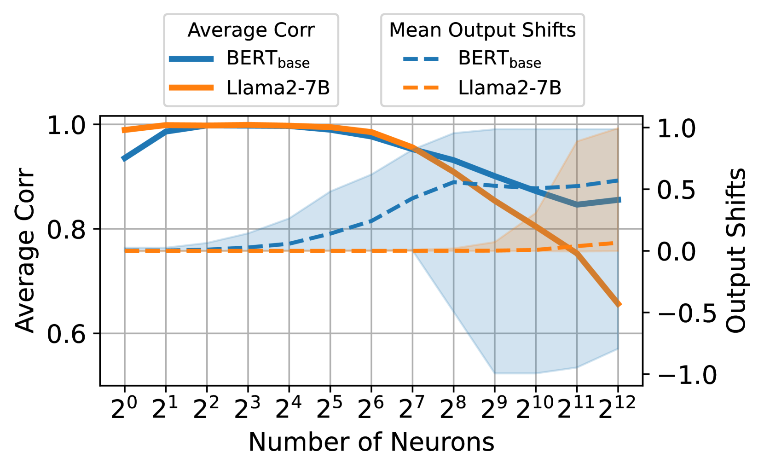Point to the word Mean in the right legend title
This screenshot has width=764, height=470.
[416, 30]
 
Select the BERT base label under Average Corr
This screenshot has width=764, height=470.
[268, 59]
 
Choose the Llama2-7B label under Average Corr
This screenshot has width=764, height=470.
[278, 87]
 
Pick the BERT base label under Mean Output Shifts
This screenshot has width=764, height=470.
[499, 59]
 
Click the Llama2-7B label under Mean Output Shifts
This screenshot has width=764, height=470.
[509, 87]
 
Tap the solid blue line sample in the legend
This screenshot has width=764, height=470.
[191, 59]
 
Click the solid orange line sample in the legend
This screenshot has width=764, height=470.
[191, 87]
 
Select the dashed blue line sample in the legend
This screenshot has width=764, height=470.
[421, 59]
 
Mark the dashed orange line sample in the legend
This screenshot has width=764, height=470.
[421, 87]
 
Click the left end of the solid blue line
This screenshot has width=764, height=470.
[123, 159]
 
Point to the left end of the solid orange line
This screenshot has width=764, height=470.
[123, 131]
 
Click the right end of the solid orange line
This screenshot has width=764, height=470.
[620, 304]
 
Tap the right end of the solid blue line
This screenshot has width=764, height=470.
[620, 200]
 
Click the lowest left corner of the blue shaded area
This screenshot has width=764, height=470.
[495, 374]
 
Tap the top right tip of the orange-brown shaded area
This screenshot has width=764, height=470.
[618, 128]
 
